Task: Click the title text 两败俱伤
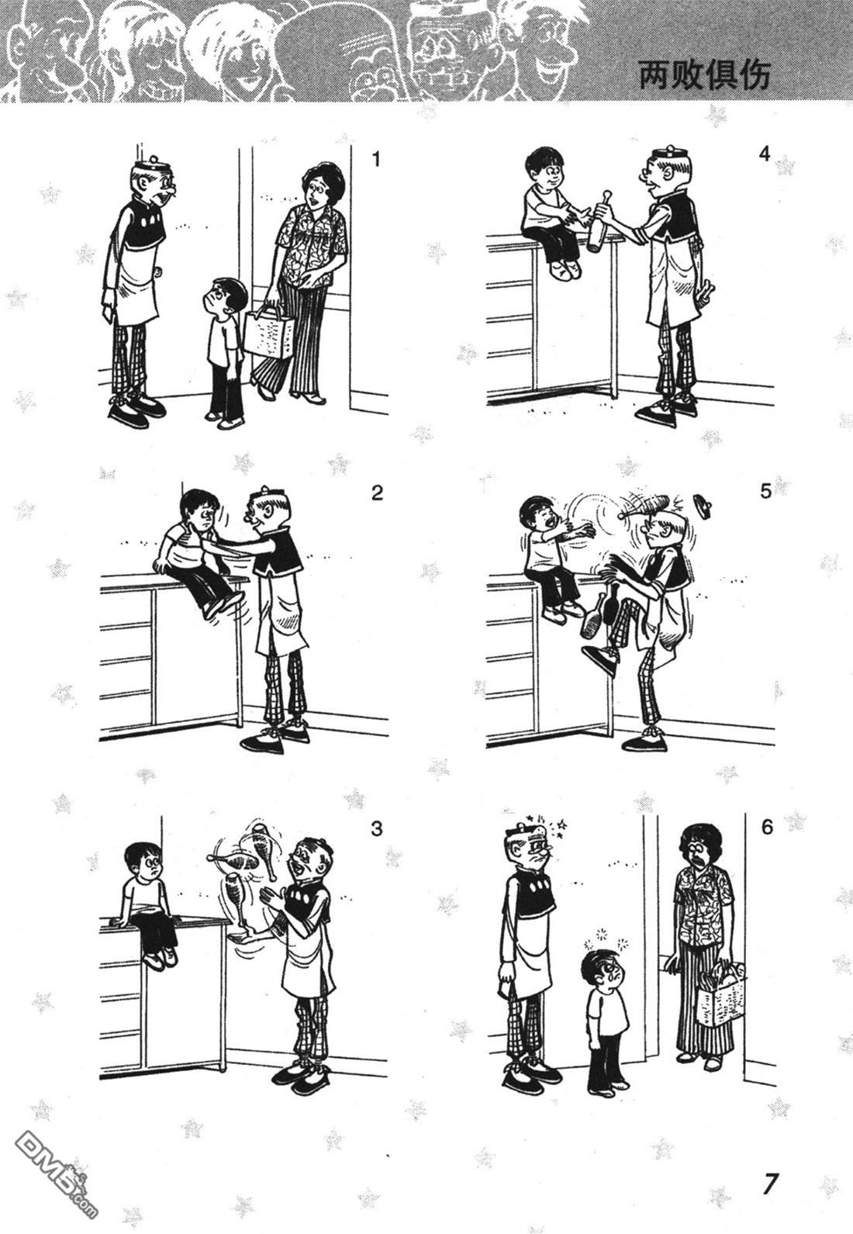click(x=704, y=75)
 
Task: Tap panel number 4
click(x=765, y=154)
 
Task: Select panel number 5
click(x=766, y=491)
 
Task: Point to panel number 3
click(x=376, y=828)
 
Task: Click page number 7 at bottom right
click(x=770, y=1180)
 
